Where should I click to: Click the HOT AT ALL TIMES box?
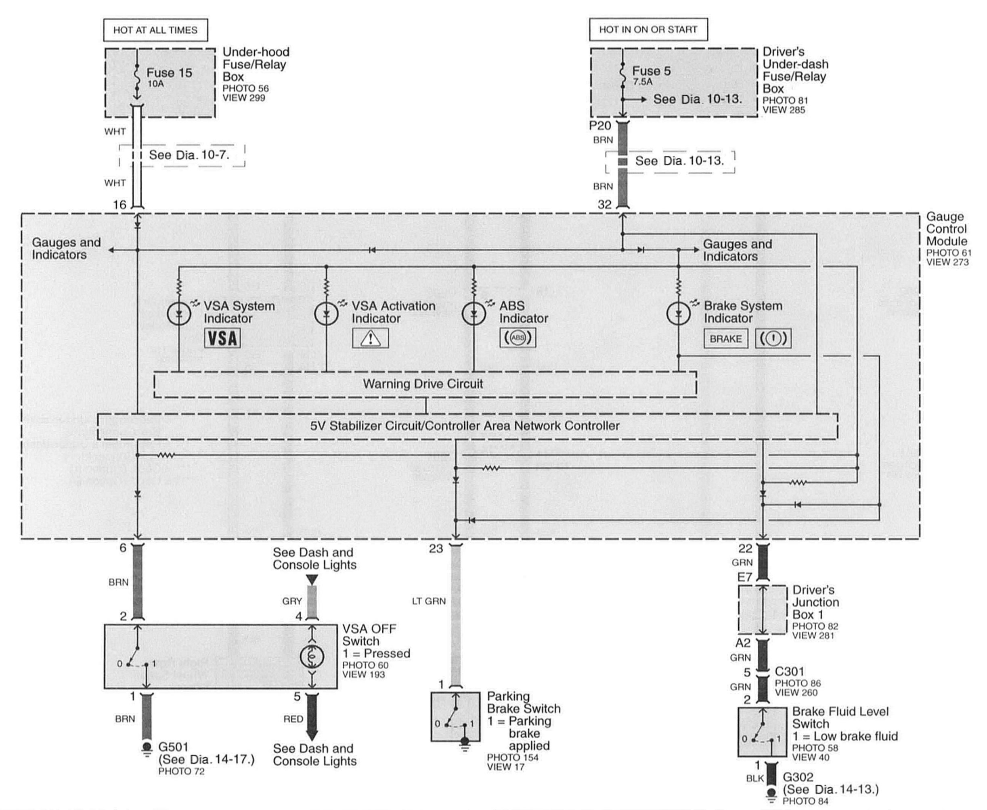155,30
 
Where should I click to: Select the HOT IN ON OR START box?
648,30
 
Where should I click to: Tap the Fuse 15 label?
169,73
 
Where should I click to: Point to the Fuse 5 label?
651,71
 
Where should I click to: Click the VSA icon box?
223,338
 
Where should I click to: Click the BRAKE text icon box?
725,339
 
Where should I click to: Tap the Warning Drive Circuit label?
423,384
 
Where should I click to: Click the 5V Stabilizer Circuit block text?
465,426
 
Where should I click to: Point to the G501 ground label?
173,747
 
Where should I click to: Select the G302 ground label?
798,777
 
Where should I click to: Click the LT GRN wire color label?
429,601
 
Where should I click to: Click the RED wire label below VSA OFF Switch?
293,719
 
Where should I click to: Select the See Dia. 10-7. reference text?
189,155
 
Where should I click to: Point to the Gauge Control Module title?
946,229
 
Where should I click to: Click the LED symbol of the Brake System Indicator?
679,314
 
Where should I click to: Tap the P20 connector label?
600,126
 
